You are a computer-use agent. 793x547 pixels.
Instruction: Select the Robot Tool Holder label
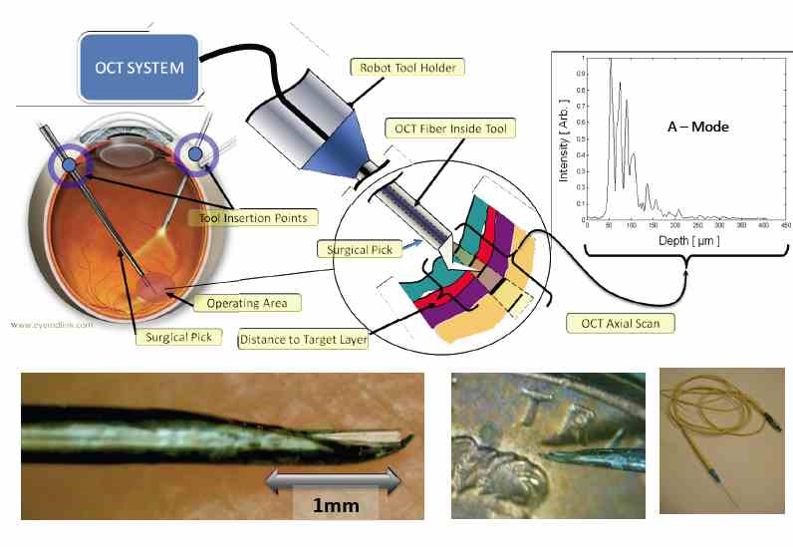406,68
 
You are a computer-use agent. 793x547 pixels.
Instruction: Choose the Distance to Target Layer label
303,341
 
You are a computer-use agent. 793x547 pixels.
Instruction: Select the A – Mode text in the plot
697,128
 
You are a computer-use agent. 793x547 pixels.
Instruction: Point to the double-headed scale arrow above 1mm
334,482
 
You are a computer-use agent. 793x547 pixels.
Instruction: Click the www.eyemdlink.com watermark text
52,324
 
